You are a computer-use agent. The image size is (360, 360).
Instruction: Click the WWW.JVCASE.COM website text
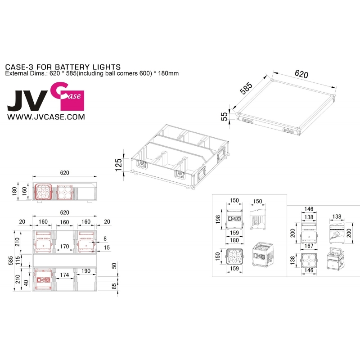[46, 117]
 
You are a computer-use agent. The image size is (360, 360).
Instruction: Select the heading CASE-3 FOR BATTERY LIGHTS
[63, 67]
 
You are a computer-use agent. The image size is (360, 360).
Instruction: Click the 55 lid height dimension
[224, 117]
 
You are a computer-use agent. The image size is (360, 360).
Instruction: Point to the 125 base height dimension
[118, 165]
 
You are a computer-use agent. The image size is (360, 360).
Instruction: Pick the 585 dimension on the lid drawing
[246, 88]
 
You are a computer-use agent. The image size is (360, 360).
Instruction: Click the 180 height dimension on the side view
[14, 191]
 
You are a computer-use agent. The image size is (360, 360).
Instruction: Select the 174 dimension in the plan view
[64, 275]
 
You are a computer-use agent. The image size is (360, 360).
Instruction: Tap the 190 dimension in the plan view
[86, 271]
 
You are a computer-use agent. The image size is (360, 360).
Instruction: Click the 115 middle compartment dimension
[18, 261]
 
